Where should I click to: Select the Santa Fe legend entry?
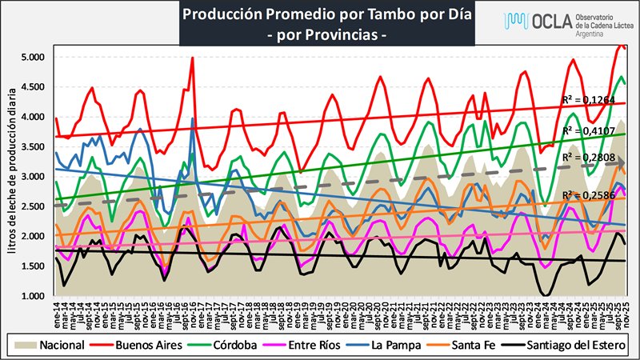(479, 345)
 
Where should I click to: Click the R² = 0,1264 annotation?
(588, 100)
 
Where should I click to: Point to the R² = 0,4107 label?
(588, 130)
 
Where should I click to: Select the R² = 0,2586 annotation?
(588, 195)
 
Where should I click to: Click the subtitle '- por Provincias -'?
(328, 35)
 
